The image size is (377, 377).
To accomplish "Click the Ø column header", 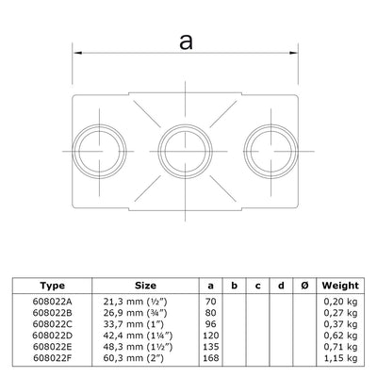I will click(301, 283).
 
